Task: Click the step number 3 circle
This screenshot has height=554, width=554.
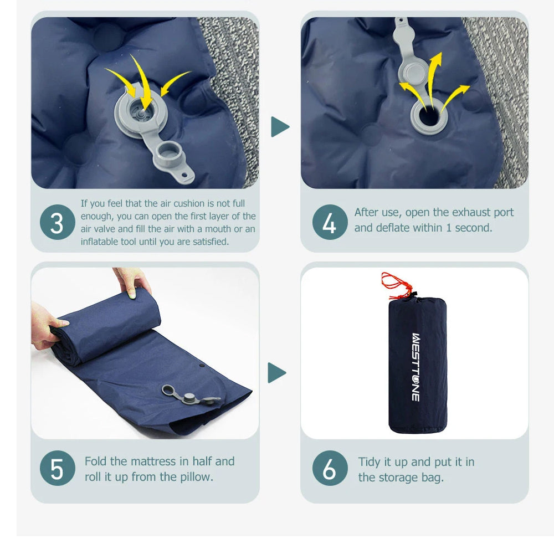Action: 57,222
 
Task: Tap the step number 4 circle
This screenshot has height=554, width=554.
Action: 330,222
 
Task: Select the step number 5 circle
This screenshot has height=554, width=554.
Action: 57,468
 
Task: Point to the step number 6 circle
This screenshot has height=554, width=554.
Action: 330,468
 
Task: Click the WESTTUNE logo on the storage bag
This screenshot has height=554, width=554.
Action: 416,367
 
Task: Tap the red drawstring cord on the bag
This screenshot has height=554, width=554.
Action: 397,283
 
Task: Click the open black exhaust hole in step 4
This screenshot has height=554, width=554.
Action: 429,116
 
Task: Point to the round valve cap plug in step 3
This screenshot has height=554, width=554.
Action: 168,153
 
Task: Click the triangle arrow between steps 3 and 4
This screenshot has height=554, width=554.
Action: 280,126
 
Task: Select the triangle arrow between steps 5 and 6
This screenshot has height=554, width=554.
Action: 276,372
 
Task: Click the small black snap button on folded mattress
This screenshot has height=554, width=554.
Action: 202,365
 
